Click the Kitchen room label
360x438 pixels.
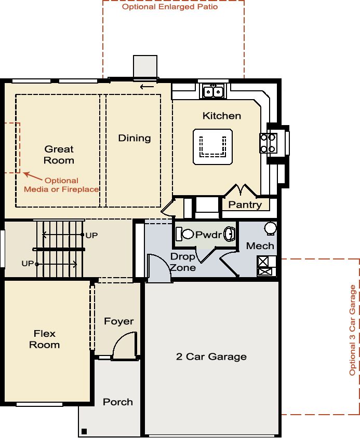(x=221, y=116)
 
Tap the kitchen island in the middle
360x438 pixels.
(x=212, y=147)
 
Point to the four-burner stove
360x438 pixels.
(x=268, y=143)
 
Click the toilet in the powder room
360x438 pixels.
(x=184, y=234)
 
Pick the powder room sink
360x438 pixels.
(x=230, y=234)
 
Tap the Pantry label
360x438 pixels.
(x=245, y=205)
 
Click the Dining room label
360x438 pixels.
(x=135, y=138)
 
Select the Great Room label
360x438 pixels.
(x=59, y=155)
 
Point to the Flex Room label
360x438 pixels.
(x=45, y=339)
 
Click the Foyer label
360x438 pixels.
(x=118, y=321)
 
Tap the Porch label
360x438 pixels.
(x=118, y=402)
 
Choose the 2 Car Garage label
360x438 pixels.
(x=211, y=357)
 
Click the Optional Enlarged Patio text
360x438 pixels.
(x=170, y=7)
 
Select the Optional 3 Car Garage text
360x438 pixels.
(x=352, y=330)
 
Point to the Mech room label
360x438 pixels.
(x=260, y=246)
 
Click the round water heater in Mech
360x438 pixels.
(x=271, y=228)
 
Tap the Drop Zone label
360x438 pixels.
(x=183, y=262)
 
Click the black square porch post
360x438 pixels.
(x=84, y=431)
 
